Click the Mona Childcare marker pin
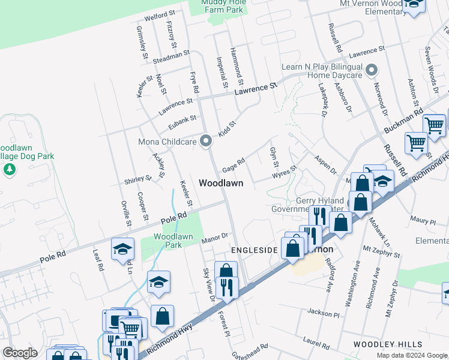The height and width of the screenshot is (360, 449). pos(206,142)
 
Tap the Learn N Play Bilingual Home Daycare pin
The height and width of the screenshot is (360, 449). pos(372,71)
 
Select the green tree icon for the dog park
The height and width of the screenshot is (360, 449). pos(9,170)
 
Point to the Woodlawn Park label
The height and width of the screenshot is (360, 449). pos(173,241)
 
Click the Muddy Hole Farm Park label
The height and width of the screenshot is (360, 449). pos(222,6)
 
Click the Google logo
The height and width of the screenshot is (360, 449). pos(20,353)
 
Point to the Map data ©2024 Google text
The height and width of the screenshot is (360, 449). pos(411,355)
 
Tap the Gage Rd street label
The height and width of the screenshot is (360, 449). pos(234,164)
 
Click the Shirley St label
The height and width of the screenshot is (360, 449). pos(138,180)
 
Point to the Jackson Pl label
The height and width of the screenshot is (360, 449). pos(324,313)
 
